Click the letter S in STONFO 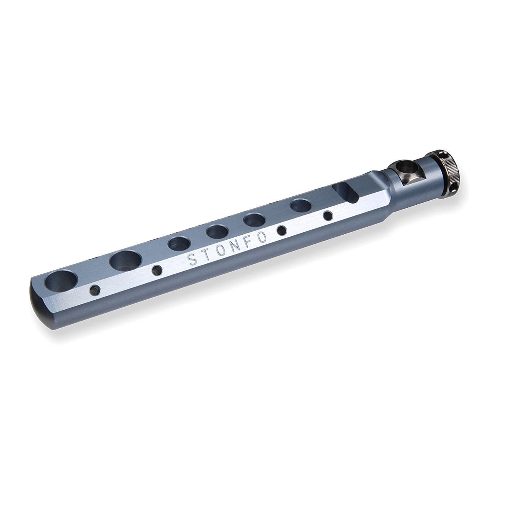point(192,260)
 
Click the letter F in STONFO point(250,243)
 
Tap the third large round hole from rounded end point(178,243)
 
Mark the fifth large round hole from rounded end point(254,220)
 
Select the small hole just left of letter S point(157,270)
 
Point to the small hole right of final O point(281,230)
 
